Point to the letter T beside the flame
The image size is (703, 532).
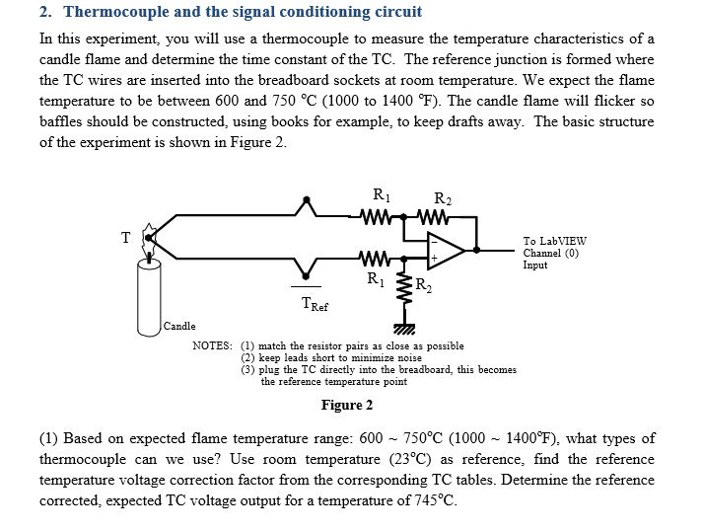click(x=125, y=237)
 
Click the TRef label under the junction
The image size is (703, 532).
click(x=315, y=306)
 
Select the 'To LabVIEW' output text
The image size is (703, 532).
click(x=554, y=240)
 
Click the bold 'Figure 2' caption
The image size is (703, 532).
click(x=347, y=405)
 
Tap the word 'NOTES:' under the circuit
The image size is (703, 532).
click(x=212, y=346)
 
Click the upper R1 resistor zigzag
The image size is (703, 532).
click(x=379, y=214)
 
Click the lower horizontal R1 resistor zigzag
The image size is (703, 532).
click(x=376, y=261)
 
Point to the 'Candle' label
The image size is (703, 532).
click(x=179, y=326)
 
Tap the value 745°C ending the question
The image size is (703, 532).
click(x=434, y=499)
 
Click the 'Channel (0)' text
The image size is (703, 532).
click(x=551, y=252)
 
